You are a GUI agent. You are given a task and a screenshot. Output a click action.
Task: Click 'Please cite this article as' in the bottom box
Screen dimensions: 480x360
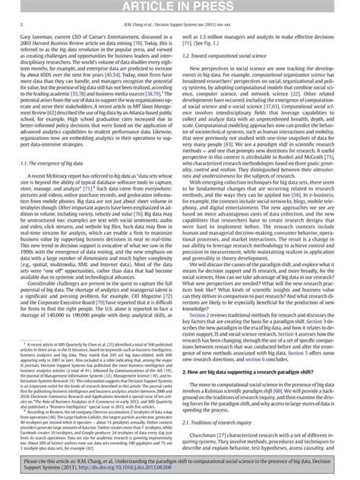(x=53, y=461)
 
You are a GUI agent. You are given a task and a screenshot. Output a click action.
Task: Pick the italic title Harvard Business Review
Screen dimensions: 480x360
(x=62, y=43)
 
